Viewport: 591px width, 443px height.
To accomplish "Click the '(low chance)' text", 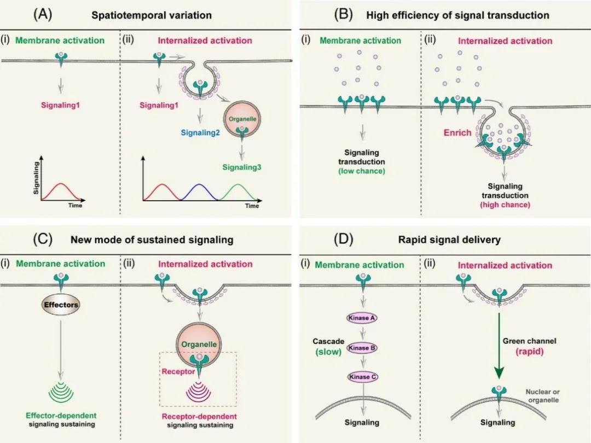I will [361, 171].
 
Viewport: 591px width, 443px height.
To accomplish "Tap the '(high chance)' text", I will [505, 205].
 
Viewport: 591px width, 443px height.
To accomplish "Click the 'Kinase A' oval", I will [360, 318].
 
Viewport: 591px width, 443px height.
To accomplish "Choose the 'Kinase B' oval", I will [360, 348].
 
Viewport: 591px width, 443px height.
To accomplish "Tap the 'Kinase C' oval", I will [360, 377].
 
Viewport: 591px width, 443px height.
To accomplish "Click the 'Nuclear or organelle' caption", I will [543, 396].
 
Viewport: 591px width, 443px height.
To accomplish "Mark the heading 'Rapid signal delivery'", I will [456, 240].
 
